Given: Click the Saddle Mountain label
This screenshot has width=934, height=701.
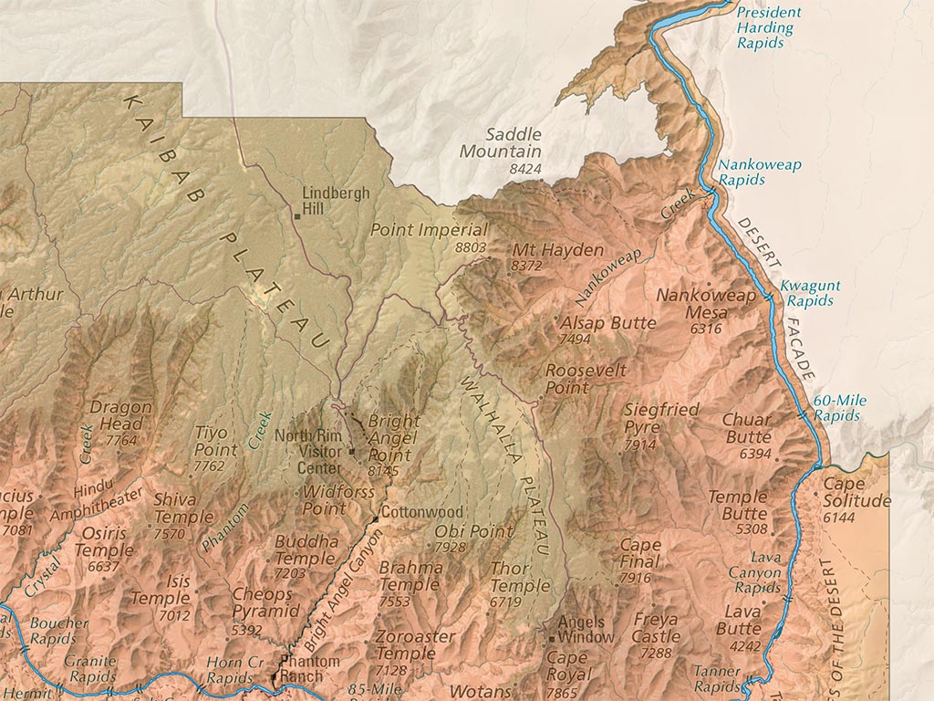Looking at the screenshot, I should (x=500, y=143).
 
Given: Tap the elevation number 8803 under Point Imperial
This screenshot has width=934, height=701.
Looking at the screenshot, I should (x=470, y=247).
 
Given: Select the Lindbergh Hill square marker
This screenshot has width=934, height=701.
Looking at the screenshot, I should (x=297, y=216).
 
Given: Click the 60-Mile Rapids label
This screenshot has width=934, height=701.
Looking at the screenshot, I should (x=839, y=408).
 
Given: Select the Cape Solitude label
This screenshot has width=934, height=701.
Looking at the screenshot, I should (x=856, y=493).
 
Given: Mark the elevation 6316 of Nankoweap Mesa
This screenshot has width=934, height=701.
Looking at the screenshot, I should (x=706, y=329).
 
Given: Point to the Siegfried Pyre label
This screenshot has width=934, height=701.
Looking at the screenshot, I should (x=661, y=418).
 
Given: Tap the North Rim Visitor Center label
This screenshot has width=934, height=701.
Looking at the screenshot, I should (x=307, y=451).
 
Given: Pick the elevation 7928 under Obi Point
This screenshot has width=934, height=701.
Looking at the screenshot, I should (x=450, y=547).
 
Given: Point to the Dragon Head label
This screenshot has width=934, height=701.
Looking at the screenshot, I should (x=117, y=416).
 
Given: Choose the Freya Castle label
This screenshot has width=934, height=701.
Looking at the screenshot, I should (x=657, y=629).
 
